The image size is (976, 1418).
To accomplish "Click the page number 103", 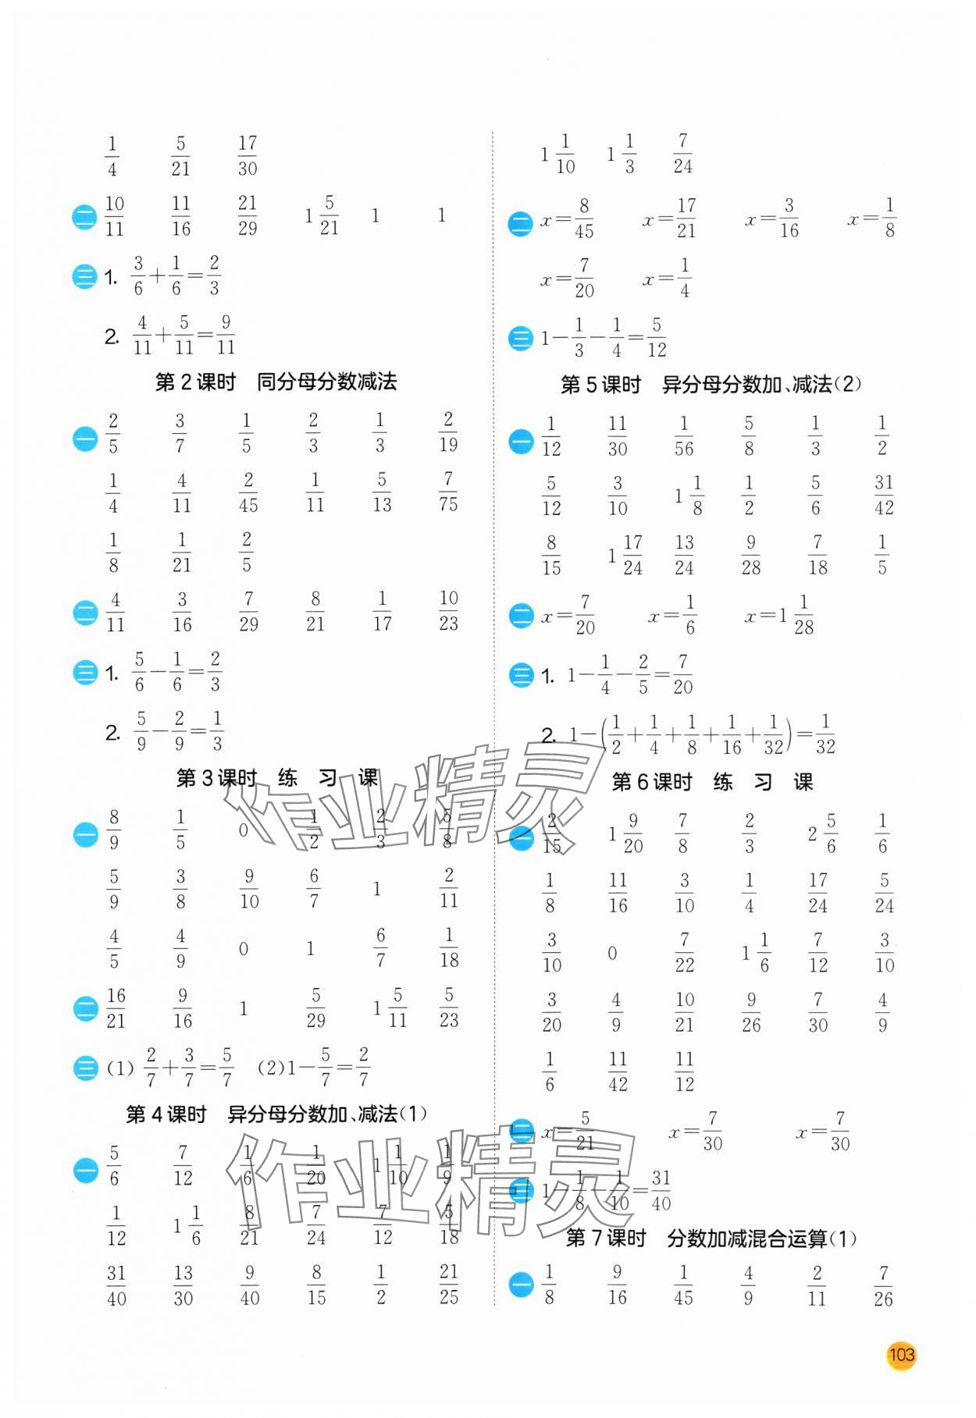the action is click(x=901, y=1355).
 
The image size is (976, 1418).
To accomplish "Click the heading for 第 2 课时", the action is click(x=276, y=382).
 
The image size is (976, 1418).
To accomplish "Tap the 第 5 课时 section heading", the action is click(x=710, y=384).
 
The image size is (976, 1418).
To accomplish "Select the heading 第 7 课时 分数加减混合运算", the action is click(x=710, y=1239).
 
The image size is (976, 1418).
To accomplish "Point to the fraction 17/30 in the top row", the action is click(x=248, y=155).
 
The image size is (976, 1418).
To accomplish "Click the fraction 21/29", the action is click(x=248, y=215).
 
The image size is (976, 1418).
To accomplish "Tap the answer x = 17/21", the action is click(x=669, y=219).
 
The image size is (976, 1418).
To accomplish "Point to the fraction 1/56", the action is click(x=684, y=436).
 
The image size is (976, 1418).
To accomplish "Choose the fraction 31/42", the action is click(x=883, y=495).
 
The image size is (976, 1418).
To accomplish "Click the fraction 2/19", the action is click(x=448, y=432).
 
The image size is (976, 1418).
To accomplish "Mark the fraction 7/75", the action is click(x=448, y=492).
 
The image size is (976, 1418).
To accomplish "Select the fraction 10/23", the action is click(x=448, y=611).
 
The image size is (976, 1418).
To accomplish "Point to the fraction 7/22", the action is click(x=685, y=953).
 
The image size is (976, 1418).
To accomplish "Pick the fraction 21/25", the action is click(x=449, y=1285).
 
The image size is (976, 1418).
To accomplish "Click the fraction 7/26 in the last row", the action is click(x=883, y=1286).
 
